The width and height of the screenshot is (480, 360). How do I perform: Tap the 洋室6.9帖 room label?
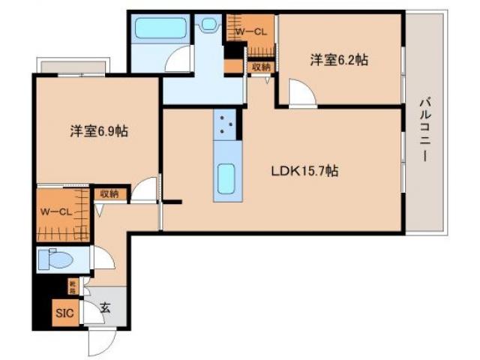(x=98, y=131)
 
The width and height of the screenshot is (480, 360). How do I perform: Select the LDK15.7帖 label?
(x=304, y=171)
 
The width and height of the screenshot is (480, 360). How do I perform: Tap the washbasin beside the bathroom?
(x=208, y=24)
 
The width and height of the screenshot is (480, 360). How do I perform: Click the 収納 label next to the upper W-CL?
(x=261, y=67)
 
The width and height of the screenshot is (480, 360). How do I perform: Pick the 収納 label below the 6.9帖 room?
(x=109, y=193)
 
